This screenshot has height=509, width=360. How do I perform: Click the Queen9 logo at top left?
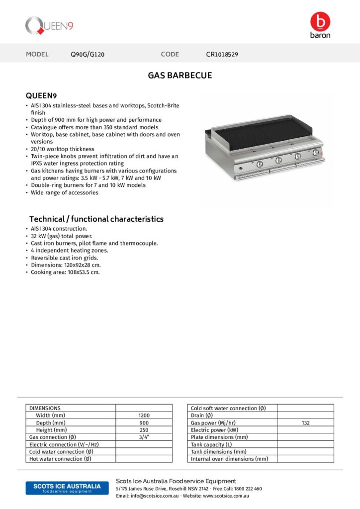click(49, 25)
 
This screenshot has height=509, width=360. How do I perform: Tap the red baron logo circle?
click(320, 21)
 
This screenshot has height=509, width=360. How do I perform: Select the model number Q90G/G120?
click(88, 55)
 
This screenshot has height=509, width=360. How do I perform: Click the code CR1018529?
click(222, 55)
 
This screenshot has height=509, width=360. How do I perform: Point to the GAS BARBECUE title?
click(180, 76)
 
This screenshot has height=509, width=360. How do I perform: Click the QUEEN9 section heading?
click(41, 95)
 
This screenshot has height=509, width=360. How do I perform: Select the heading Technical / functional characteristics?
click(96, 219)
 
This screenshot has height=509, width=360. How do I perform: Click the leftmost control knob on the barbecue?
click(260, 164)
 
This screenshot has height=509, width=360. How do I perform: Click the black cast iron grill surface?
click(266, 132)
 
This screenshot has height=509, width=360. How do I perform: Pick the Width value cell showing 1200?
click(144, 416)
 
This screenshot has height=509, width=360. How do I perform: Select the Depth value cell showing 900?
click(144, 423)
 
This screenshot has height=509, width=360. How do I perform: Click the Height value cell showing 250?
click(144, 430)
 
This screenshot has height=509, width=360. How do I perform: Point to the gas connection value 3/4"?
click(144, 437)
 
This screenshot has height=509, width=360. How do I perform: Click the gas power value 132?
click(305, 423)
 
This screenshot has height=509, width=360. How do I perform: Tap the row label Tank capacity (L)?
click(211, 444)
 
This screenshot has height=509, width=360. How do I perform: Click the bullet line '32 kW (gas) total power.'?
click(61, 236)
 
